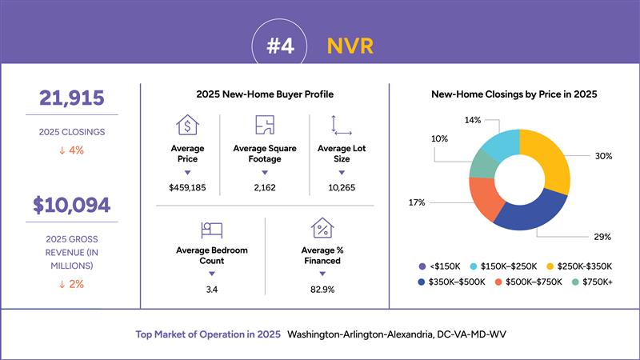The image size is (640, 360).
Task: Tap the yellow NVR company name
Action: (350, 46)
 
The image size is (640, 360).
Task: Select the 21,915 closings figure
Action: (72, 98)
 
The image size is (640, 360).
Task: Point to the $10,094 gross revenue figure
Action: (72, 205)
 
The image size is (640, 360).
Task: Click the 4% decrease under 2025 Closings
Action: (72, 150)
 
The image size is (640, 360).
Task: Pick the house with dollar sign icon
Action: (187, 125)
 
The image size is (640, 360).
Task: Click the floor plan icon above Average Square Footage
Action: (265, 125)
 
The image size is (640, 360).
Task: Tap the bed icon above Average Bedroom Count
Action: (212, 230)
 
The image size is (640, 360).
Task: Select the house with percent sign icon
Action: (322, 228)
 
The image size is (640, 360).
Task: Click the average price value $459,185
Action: (187, 188)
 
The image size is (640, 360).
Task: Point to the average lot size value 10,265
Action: (342, 188)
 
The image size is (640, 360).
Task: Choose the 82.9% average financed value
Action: (322, 290)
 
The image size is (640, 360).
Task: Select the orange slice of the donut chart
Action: (485, 197)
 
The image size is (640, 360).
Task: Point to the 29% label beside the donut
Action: (602, 237)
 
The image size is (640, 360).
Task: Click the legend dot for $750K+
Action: (575, 282)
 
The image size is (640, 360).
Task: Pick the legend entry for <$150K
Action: (439, 266)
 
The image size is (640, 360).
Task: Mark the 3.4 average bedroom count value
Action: (212, 290)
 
